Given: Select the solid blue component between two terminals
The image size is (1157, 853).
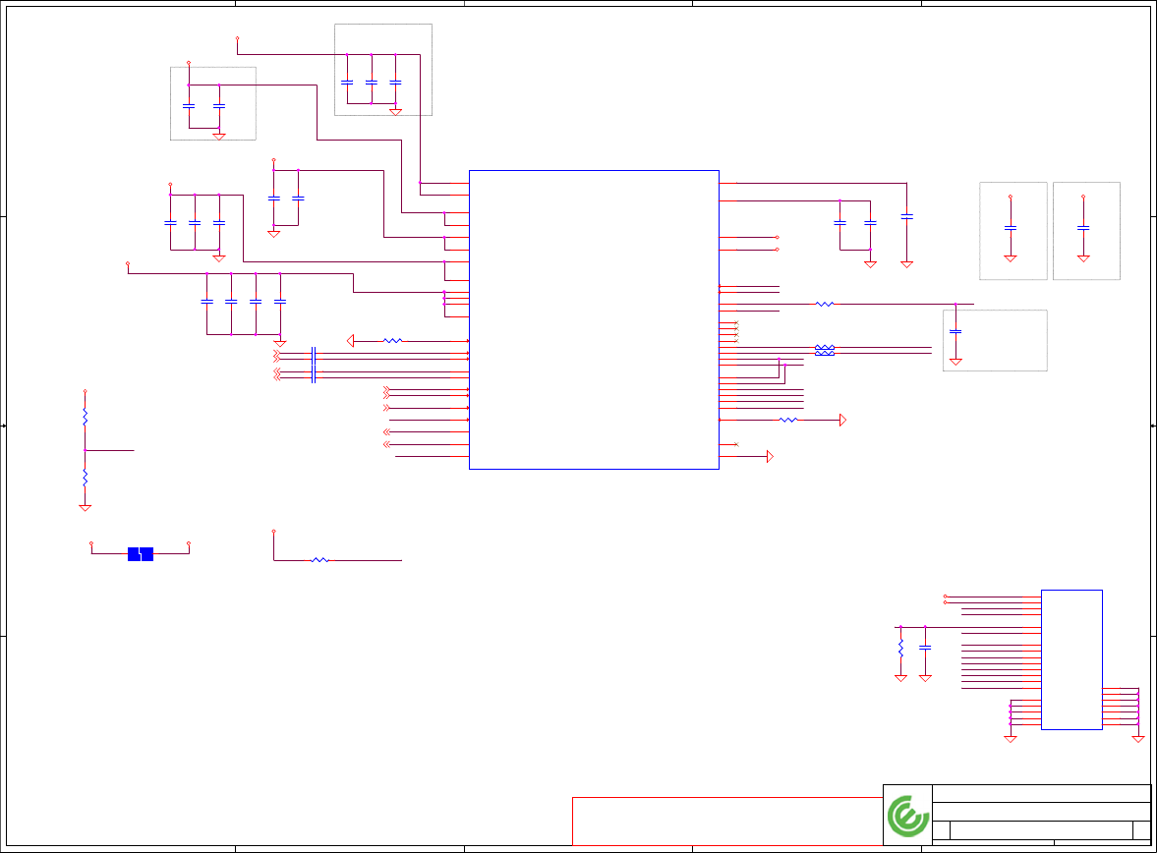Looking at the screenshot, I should tap(141, 553).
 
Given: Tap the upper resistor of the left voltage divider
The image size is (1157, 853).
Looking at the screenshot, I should tap(86, 417).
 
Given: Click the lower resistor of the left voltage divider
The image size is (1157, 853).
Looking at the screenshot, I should tap(86, 476).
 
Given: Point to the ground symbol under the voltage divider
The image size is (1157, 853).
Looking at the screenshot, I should tap(86, 507).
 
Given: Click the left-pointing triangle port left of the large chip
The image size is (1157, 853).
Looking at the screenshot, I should tap(351, 341).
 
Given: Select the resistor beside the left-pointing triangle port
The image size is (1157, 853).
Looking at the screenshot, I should tap(392, 341).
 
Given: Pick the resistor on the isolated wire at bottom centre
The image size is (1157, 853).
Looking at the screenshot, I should tap(319, 560).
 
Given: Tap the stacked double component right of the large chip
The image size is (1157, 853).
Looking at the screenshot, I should tap(825, 350).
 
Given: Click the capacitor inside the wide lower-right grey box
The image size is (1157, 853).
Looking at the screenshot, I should tap(955, 331).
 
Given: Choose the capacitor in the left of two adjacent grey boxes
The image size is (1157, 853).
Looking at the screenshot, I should tap(1011, 227).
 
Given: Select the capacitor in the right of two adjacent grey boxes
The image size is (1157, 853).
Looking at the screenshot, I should tap(1083, 227).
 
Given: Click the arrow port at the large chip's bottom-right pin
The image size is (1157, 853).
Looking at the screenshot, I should tap(770, 457).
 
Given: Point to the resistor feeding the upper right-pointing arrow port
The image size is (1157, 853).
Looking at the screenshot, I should tap(788, 420).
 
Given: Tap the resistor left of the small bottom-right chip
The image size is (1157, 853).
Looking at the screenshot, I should tap(900, 649).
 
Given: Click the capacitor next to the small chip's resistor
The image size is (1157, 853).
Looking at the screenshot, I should tap(925, 649).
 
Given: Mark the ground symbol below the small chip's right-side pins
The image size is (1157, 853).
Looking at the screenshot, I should tap(1138, 738).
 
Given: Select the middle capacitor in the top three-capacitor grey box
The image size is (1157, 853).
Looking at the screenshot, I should tap(372, 82).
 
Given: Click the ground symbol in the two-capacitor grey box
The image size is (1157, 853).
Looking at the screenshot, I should tap(219, 136).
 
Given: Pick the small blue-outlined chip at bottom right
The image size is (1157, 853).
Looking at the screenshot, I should tap(1071, 659).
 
